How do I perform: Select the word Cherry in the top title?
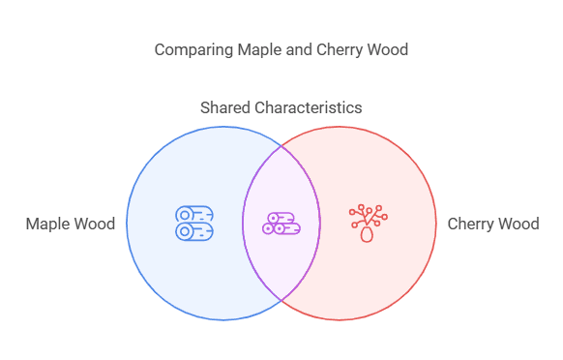tap(340, 49)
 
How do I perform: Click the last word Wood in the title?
tap(387, 49)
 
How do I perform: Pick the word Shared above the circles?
tap(224, 107)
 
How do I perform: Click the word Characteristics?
tap(308, 107)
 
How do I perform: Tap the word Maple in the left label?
tap(47, 224)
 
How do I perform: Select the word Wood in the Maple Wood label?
tap(94, 224)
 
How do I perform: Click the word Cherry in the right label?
tap(470, 224)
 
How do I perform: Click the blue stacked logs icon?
tap(195, 223)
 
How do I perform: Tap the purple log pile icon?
tap(281, 224)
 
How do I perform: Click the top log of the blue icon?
tap(196, 214)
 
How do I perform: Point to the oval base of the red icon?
tap(367, 233)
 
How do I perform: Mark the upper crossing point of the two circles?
tap(281, 146)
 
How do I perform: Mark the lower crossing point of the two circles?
tap(281, 300)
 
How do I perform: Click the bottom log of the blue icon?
tap(195, 231)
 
